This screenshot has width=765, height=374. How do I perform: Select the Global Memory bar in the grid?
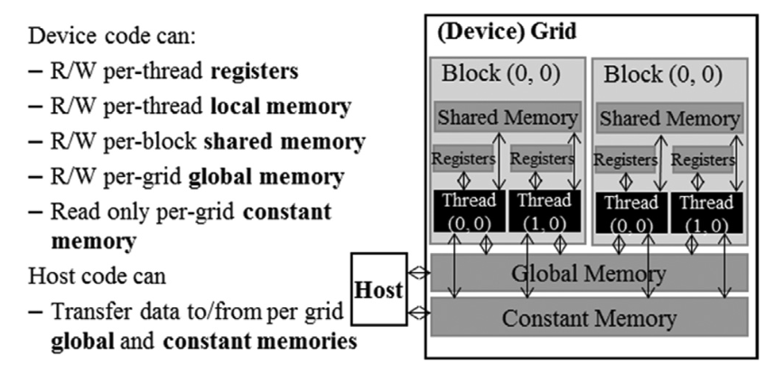point(589,273)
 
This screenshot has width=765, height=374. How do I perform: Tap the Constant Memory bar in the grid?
point(589,318)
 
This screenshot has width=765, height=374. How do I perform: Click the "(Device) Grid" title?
point(506,33)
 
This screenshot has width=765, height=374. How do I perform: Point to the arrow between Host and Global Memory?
point(419,272)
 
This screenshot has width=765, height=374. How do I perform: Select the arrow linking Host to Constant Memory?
point(419,313)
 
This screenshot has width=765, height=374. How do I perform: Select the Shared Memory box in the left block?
point(508,117)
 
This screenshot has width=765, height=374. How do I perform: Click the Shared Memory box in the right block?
point(669,117)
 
